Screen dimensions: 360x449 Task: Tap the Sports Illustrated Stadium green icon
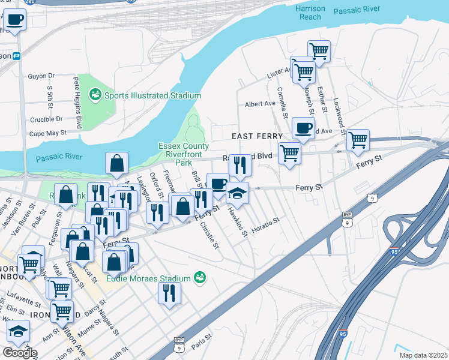coord(95,95)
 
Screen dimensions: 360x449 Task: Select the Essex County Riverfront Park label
coord(183,154)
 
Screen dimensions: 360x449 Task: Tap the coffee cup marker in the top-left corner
coord(14,19)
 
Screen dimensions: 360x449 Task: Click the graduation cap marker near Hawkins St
coord(238,193)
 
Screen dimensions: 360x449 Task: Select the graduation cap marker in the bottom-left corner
coord(19,331)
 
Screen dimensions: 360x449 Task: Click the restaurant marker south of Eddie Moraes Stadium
coord(169,293)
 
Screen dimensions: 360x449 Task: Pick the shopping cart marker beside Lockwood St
coord(358,140)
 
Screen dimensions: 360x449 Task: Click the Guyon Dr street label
coord(41,76)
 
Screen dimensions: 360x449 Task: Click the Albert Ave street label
coord(260,104)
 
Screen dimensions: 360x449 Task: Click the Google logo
coord(19,353)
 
